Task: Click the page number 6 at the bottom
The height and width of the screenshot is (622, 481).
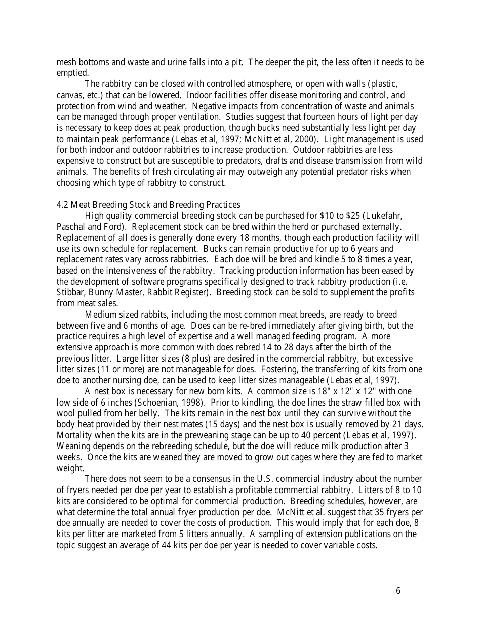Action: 398,591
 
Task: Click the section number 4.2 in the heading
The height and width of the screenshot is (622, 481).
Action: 62,205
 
